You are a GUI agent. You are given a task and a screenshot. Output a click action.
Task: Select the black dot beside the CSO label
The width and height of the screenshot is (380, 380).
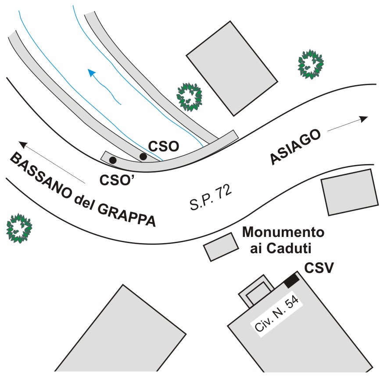point(143,156)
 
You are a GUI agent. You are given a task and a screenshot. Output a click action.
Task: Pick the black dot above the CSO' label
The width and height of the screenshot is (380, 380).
point(113,161)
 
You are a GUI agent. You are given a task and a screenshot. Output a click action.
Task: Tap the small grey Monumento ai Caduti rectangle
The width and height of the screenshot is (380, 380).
point(220,247)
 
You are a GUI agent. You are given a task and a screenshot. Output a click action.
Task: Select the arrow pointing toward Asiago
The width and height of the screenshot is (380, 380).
point(347,123)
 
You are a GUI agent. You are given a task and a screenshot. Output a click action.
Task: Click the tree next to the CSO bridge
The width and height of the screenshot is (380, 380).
point(189,97)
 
